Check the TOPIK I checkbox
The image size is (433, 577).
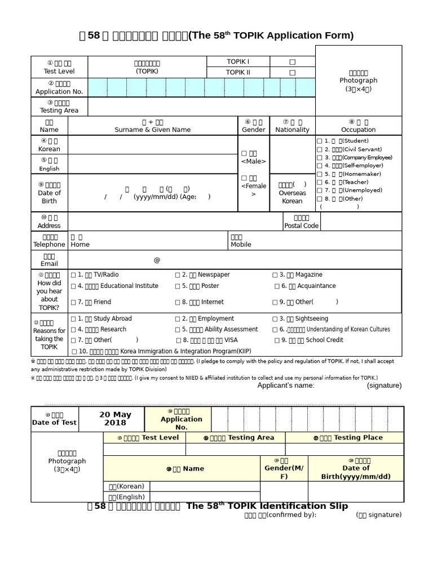(x=292, y=62)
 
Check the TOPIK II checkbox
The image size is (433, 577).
(x=292, y=73)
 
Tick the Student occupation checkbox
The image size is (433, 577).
(x=320, y=141)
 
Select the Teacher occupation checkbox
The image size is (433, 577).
(x=320, y=183)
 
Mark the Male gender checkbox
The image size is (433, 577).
(x=244, y=153)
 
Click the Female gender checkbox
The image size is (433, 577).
(x=244, y=178)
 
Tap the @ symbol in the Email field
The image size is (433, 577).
(x=157, y=260)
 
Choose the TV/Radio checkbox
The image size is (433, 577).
(x=74, y=275)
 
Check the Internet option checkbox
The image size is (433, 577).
(x=178, y=302)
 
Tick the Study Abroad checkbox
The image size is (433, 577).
(x=74, y=319)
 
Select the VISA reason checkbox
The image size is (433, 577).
(x=178, y=340)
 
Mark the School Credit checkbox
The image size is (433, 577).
(x=277, y=340)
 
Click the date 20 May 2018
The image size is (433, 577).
(x=112, y=419)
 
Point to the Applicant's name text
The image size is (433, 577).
(x=286, y=385)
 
